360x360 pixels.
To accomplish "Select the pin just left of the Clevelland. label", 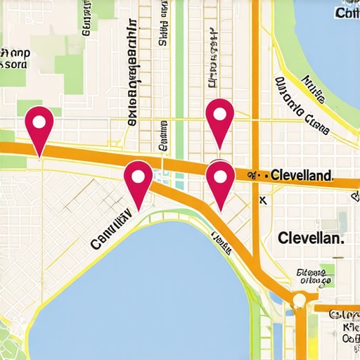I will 220,181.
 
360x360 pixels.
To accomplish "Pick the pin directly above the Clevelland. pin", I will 220,118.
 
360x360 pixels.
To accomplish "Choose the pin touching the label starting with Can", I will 138,181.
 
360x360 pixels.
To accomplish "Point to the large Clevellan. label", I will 311,238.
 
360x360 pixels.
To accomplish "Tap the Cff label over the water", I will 347,13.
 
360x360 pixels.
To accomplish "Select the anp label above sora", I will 15,52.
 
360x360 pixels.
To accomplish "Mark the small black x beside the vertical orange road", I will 263,200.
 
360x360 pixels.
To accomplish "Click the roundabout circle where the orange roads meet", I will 300,300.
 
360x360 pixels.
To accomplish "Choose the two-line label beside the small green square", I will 314,277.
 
